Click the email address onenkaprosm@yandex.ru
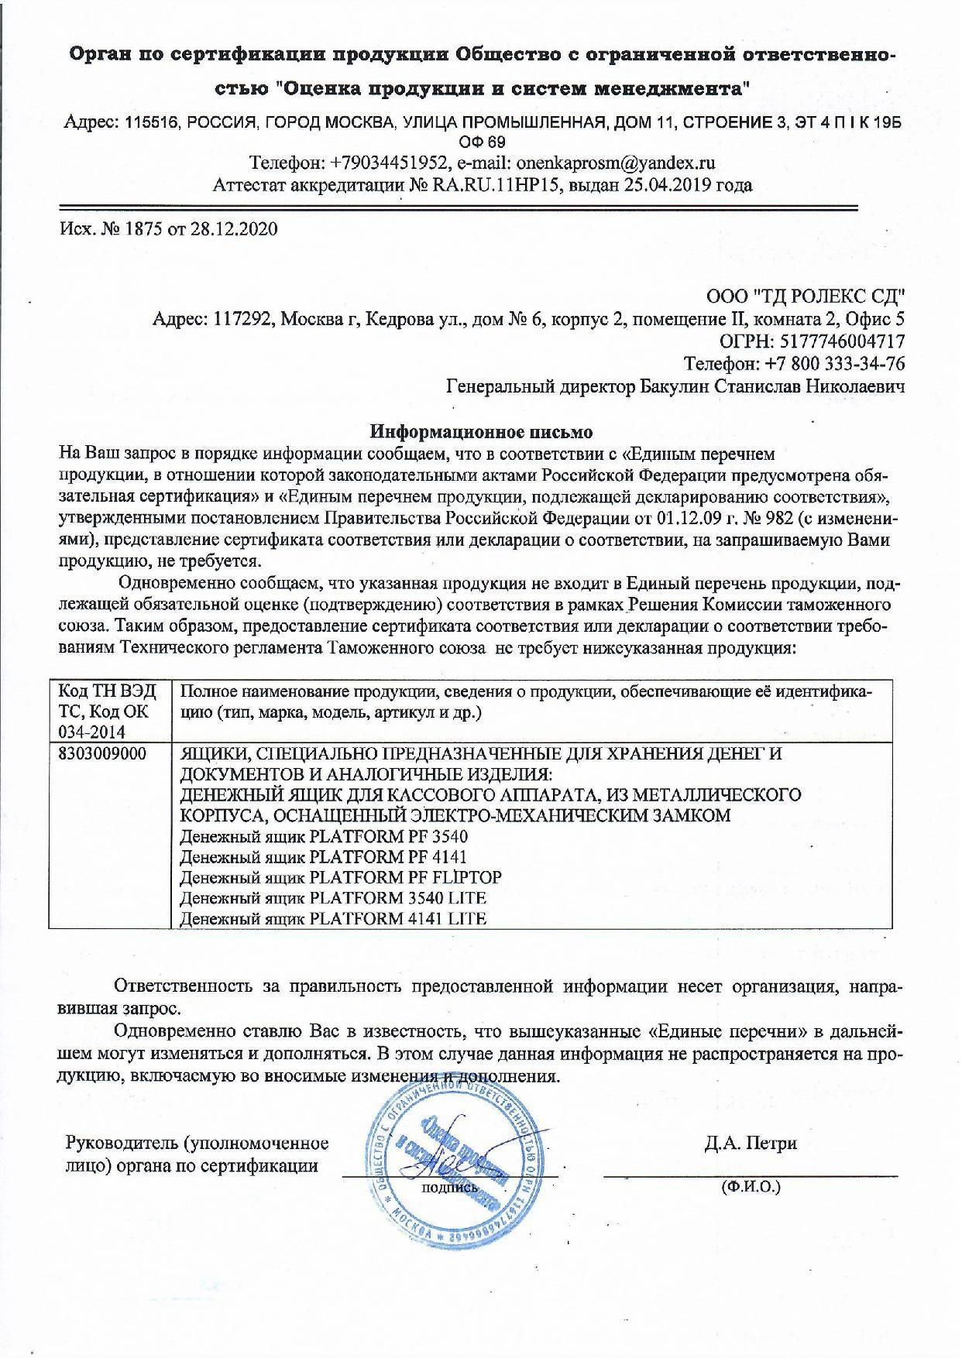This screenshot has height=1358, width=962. (x=615, y=163)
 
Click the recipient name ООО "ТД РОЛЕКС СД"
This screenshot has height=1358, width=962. (x=806, y=297)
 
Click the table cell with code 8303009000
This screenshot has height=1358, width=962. (x=102, y=753)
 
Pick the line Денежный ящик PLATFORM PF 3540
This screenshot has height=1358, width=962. (x=324, y=837)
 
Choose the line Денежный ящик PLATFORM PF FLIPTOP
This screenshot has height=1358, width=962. (x=341, y=877)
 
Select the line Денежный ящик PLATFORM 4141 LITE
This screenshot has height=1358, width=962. (x=333, y=919)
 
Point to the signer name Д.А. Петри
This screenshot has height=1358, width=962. (x=751, y=1144)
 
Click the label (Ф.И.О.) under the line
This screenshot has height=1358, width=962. (x=750, y=1185)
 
